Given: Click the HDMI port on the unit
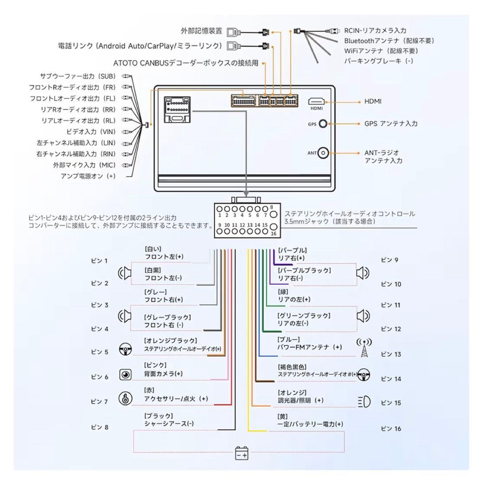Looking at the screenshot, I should click(x=317, y=102).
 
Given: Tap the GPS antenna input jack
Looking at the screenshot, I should click(x=323, y=124).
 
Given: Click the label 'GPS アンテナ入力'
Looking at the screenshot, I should click(x=391, y=124).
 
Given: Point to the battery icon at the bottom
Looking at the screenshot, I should click(x=242, y=454).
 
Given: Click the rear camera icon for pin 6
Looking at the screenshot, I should click(x=125, y=375).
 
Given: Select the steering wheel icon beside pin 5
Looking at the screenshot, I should click(x=125, y=349).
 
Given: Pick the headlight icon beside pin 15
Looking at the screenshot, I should click(x=364, y=402).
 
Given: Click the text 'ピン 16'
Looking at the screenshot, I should click(x=391, y=429).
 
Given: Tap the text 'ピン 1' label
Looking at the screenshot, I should click(x=99, y=261).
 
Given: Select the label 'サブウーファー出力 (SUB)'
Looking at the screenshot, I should click(x=78, y=76).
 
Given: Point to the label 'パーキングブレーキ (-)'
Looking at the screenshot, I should click(x=378, y=61).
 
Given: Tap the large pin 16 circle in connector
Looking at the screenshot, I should click(x=273, y=226).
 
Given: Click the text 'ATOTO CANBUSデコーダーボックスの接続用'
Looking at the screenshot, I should click(x=179, y=63).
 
